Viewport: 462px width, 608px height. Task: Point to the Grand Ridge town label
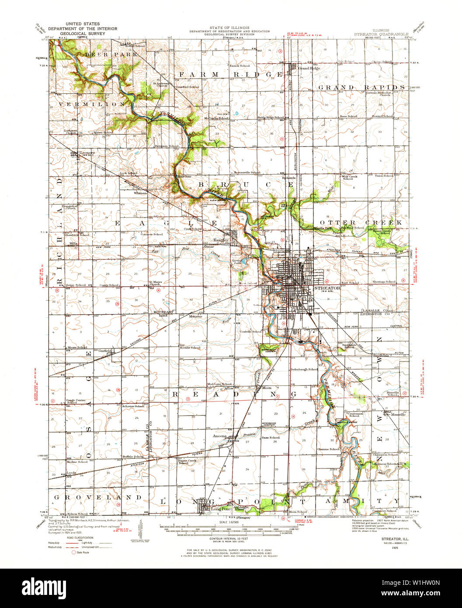point(309,68)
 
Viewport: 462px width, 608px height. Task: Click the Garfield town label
point(105,351)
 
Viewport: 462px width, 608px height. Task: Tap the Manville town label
point(398,414)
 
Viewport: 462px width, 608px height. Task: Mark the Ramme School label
point(329,449)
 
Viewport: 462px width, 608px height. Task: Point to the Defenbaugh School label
point(304,370)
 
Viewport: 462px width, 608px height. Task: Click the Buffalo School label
point(133,456)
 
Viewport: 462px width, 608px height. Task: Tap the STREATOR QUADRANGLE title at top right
point(381,34)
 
